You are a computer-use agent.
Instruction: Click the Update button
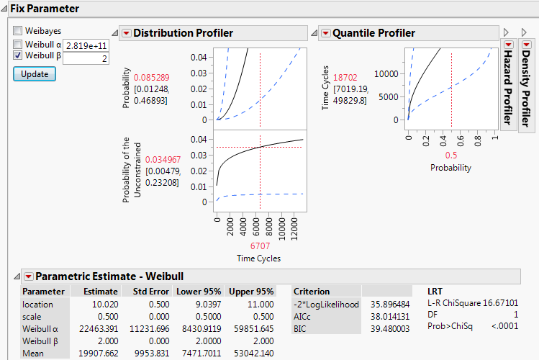pos(34,73)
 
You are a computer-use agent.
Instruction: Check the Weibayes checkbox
pos(18,32)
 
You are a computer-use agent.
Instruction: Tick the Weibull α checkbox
pos(18,44)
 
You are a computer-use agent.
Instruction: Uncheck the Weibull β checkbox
pos(18,55)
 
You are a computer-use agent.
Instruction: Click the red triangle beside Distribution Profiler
pos(126,33)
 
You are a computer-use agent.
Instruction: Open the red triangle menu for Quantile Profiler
pos(325,33)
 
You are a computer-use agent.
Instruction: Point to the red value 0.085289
pos(151,77)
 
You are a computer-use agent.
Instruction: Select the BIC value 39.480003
pos(389,328)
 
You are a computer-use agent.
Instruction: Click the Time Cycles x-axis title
pos(259,258)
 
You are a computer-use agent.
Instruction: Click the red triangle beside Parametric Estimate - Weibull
pos(28,276)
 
